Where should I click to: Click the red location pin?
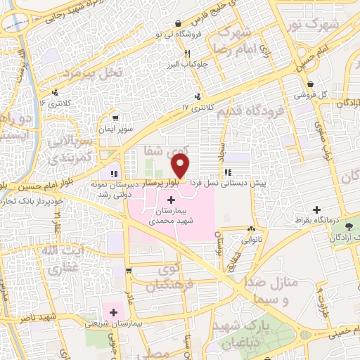pyautogui.click(x=181, y=167)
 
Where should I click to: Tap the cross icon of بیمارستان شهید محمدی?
pyautogui.click(x=172, y=200)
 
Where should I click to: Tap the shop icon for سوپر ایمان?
pyautogui.click(x=114, y=117)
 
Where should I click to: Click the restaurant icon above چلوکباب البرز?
pyautogui.click(x=187, y=53)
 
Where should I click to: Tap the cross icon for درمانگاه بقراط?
pyautogui.click(x=317, y=210)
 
